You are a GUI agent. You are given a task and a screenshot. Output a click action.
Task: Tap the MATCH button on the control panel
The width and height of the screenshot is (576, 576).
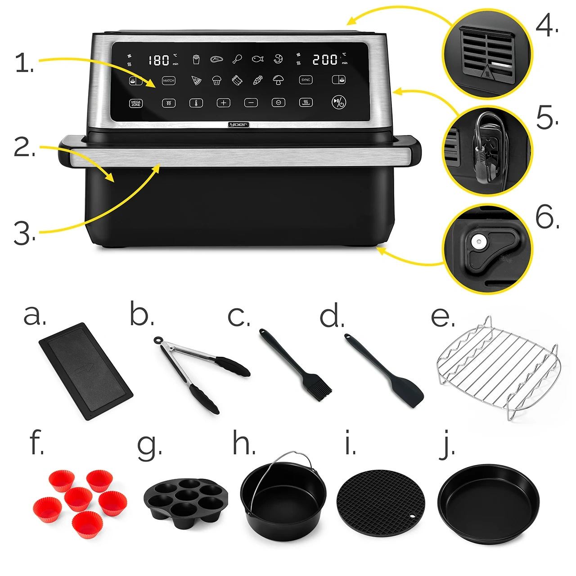point(168,81)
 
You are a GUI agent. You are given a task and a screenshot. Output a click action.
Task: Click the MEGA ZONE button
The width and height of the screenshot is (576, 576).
point(135,103)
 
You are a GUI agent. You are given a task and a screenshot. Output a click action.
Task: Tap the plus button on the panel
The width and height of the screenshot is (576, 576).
point(223,103)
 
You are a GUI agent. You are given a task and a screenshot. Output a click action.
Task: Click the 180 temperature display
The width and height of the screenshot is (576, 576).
point(159,60)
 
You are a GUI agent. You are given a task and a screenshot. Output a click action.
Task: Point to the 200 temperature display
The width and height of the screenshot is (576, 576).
point(325,59)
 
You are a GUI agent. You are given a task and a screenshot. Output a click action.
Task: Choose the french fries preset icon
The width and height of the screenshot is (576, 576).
point(196,59)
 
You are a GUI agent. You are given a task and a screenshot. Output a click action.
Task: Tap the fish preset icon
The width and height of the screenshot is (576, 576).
point(257,59)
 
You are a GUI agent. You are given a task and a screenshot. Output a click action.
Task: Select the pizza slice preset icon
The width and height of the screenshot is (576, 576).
point(196,81)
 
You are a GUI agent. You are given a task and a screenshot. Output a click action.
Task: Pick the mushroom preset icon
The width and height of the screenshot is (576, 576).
point(278,80)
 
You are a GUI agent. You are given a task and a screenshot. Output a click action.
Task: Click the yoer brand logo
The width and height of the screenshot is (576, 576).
point(238,125)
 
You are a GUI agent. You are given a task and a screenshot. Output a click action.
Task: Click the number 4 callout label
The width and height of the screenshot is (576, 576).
point(546,26)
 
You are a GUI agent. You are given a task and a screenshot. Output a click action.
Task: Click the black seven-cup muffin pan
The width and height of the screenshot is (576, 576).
point(185,499)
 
